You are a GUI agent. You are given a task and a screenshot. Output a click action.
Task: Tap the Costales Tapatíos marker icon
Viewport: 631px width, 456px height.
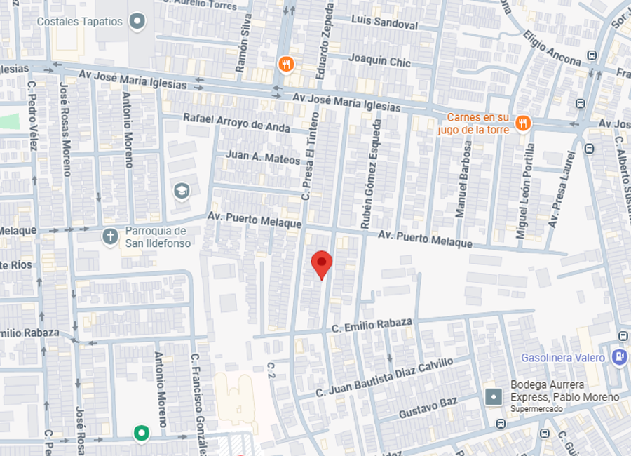pos(137,22)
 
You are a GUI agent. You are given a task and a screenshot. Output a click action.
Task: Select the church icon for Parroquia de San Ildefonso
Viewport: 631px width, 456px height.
pos(110,236)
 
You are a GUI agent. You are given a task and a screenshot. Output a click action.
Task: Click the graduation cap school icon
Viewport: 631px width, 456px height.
pos(182,191)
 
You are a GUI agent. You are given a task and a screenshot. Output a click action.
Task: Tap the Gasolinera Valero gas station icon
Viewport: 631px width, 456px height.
pos(619,357)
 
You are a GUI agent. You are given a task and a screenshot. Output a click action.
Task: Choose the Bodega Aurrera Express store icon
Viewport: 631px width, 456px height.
pos(494,398)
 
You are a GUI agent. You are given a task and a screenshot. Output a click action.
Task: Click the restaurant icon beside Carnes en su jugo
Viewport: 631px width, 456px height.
pos(522,123)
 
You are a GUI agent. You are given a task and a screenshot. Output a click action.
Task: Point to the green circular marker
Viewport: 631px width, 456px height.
pos(142,433)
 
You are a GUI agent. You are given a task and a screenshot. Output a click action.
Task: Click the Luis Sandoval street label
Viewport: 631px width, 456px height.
pos(384,22)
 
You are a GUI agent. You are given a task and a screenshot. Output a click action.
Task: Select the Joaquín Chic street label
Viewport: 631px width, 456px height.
pos(379,61)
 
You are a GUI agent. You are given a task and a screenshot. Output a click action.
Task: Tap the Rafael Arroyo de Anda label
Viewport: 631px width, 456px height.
pos(236,122)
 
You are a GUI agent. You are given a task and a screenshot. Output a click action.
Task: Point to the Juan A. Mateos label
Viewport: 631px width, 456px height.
pos(263,158)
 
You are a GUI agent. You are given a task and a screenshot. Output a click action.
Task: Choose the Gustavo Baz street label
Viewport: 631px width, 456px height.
pos(428,408)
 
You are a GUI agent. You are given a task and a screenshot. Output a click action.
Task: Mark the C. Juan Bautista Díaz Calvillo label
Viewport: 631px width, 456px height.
pos(384,377)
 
